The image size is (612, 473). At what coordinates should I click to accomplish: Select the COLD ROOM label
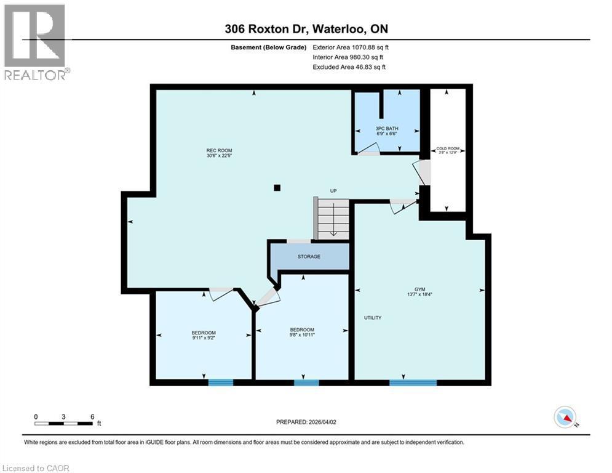pos(448,151)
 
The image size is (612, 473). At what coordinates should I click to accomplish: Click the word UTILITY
pos(372,318)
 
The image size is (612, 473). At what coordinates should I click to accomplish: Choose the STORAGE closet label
pos(309,256)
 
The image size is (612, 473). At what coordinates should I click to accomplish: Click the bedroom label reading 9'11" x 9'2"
pos(203,336)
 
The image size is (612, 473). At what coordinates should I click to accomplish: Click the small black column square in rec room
pos(277,188)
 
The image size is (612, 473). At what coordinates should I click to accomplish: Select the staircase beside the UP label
pos(332,218)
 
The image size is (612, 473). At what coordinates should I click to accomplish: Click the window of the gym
pos(413,382)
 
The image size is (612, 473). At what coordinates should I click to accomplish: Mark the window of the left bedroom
pos(220,382)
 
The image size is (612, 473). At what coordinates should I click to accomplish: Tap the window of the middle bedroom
pos(306,382)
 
